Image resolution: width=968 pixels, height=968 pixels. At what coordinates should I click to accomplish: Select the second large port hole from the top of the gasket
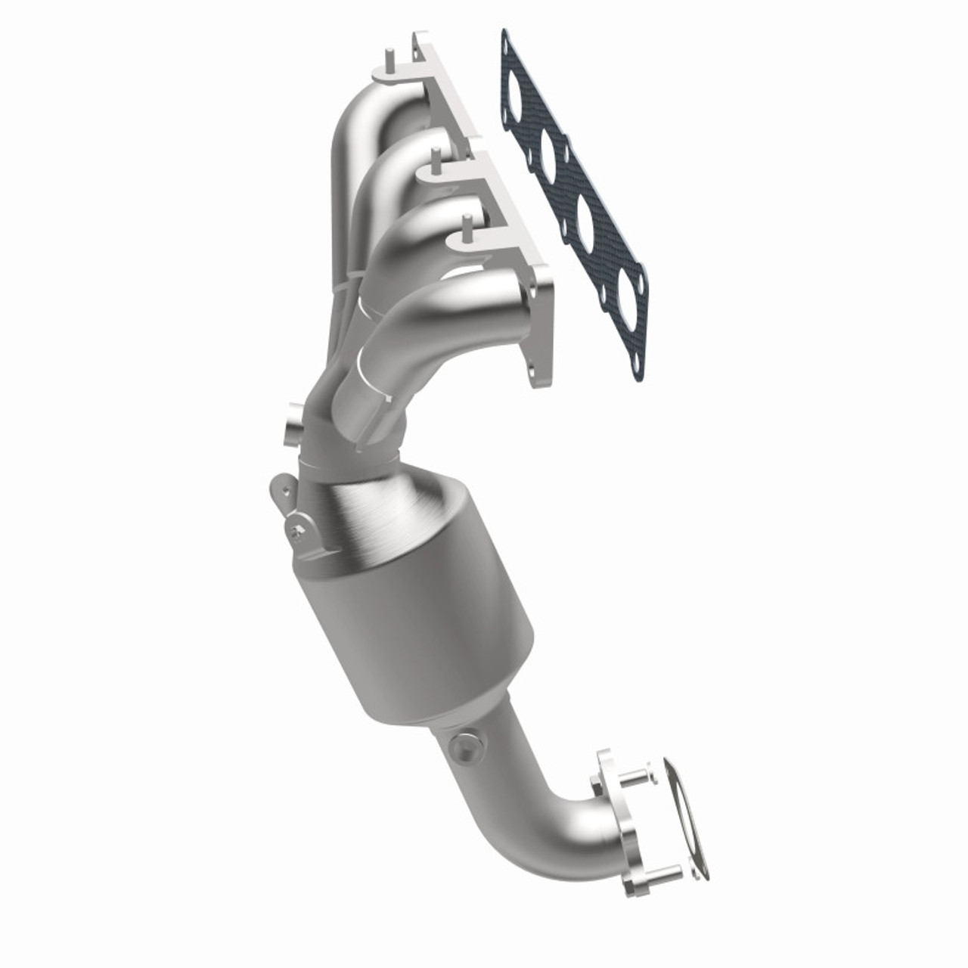click(550, 150)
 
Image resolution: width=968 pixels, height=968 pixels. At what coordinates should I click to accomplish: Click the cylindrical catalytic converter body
click(423, 628)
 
